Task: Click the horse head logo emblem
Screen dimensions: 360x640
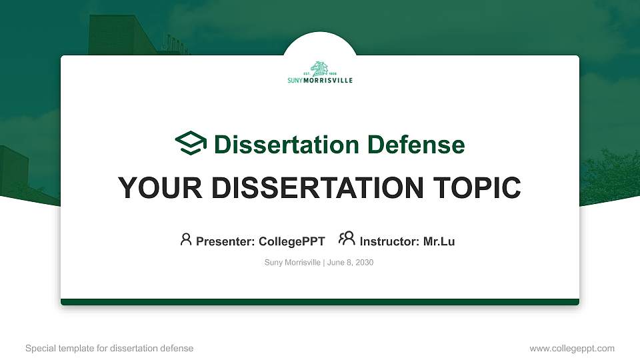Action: [x=320, y=68]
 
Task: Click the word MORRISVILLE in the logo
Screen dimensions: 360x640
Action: [x=327, y=81]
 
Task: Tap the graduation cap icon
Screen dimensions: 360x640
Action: [x=191, y=144]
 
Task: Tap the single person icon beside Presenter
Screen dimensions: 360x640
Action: [x=186, y=239]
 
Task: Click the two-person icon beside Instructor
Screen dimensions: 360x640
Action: [x=347, y=239]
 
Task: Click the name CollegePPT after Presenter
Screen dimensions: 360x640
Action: [x=291, y=241]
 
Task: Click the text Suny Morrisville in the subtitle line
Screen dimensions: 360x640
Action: [x=293, y=263]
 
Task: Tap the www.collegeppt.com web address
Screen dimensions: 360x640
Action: [x=572, y=348]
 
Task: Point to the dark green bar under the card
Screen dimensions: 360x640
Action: [x=320, y=302]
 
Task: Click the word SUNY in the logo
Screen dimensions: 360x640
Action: [x=295, y=81]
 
